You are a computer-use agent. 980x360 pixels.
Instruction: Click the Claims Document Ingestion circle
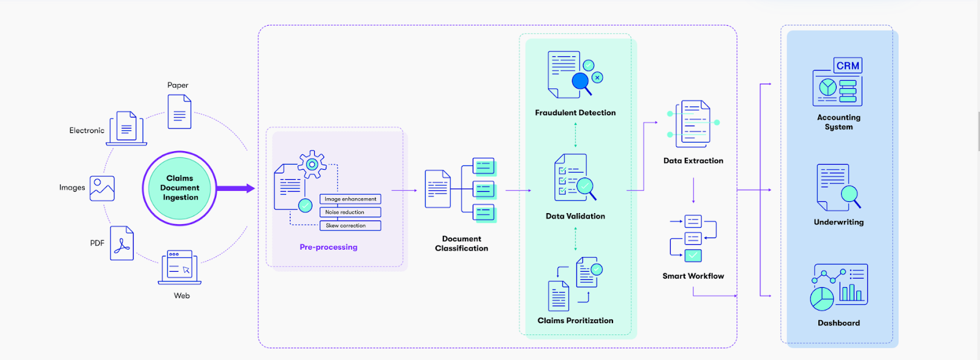(179, 188)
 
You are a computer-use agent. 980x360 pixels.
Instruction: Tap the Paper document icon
(179, 112)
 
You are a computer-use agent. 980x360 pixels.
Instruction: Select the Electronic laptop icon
(126, 128)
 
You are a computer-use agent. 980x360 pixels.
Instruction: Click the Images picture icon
(102, 189)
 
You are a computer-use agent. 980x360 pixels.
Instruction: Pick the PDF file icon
(122, 244)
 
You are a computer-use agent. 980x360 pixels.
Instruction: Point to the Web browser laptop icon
(179, 268)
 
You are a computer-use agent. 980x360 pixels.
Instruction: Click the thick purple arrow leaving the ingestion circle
(235, 189)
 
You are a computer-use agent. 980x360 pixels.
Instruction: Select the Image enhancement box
(350, 199)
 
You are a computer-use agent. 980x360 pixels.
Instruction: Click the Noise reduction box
(350, 212)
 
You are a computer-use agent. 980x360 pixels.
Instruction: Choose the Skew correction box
(350, 226)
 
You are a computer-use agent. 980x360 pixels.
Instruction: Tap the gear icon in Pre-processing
(312, 164)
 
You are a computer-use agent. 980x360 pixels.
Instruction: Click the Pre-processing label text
(328, 247)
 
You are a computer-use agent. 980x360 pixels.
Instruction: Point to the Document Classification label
(462, 244)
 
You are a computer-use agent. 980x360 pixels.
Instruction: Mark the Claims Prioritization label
(575, 321)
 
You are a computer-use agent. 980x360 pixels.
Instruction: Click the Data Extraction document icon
(693, 124)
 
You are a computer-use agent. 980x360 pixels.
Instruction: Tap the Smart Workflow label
(693, 276)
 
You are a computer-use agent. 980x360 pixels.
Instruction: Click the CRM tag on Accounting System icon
(848, 66)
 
